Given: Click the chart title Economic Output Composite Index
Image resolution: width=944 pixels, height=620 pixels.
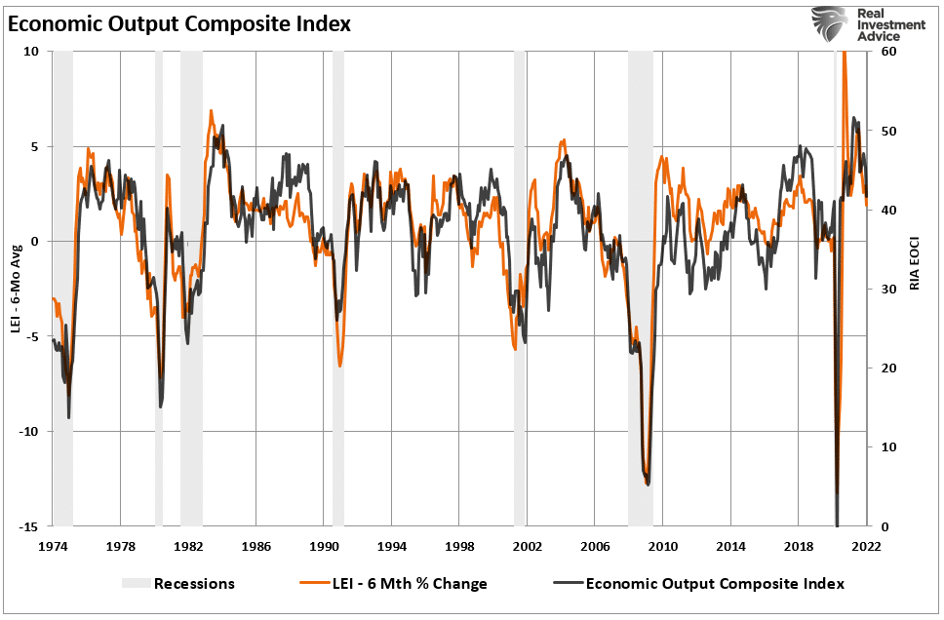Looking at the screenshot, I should click(x=178, y=24).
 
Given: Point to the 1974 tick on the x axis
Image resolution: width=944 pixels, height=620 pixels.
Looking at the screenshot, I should click(x=53, y=547).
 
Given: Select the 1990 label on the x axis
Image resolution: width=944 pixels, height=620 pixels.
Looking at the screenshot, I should click(x=324, y=547).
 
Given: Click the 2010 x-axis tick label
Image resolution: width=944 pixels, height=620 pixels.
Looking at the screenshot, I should click(x=663, y=547).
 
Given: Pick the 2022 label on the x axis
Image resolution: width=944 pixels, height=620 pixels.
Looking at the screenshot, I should click(x=866, y=547).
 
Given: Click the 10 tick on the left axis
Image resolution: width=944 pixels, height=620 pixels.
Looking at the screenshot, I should click(x=33, y=52).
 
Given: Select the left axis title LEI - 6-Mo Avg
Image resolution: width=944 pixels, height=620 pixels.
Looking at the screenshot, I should click(x=17, y=290).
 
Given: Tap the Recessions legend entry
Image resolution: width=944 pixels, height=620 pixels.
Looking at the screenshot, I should click(x=178, y=584).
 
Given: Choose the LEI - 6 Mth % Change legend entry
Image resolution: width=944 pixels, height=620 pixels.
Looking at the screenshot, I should click(x=394, y=584).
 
